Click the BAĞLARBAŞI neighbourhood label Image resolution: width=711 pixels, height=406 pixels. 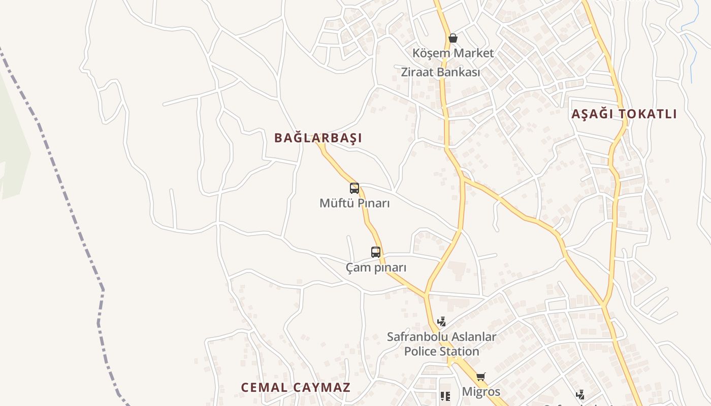[x=318, y=138]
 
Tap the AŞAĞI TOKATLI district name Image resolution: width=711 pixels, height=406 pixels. [x=624, y=114]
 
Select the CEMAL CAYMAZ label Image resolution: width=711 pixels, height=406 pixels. [x=296, y=387]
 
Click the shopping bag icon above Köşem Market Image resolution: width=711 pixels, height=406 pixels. [x=453, y=38]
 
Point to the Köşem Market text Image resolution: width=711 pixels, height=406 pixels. [x=453, y=53]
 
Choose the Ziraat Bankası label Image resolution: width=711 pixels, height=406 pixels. [x=440, y=72]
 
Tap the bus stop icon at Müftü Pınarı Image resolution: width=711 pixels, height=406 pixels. [x=354, y=188]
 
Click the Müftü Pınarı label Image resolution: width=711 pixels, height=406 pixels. [x=354, y=204]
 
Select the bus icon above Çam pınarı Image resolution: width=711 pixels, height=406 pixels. [x=376, y=252]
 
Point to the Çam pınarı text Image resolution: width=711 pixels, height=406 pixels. [x=376, y=267]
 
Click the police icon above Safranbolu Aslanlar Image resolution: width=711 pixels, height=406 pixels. [x=442, y=321]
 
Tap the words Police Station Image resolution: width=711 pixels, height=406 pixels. [x=441, y=351]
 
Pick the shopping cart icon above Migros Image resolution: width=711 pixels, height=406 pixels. [x=480, y=377]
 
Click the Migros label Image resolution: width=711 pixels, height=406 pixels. [x=480, y=392]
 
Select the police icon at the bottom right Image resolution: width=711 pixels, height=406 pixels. [x=580, y=394]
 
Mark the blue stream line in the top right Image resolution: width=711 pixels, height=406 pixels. [x=691, y=56]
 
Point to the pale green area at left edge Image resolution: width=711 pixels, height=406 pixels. [x=10, y=152]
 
